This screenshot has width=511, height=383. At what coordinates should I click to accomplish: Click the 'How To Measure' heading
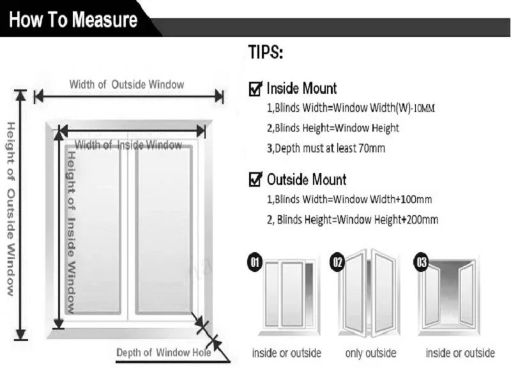click(x=73, y=19)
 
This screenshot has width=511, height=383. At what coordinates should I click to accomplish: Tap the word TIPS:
click(x=265, y=53)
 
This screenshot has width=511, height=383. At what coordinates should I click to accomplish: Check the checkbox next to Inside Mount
click(x=256, y=88)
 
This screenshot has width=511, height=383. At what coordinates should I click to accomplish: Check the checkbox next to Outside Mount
click(x=256, y=179)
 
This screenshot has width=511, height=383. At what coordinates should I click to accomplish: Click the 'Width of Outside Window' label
click(x=126, y=84)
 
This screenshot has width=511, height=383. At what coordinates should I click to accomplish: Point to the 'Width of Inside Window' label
click(x=128, y=145)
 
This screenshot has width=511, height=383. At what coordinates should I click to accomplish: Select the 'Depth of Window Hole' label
click(x=164, y=352)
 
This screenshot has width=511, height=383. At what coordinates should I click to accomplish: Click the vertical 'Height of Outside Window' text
click(x=10, y=208)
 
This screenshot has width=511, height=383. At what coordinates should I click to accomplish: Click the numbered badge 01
click(x=254, y=262)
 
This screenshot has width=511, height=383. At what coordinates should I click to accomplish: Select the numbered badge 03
click(x=422, y=262)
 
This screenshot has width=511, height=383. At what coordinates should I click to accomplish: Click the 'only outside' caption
click(x=370, y=353)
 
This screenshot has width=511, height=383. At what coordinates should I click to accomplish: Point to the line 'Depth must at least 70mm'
click(x=326, y=148)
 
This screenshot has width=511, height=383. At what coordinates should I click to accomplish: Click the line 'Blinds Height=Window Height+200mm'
click(x=353, y=220)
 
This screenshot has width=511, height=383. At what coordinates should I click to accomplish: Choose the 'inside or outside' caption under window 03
click(x=460, y=353)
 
